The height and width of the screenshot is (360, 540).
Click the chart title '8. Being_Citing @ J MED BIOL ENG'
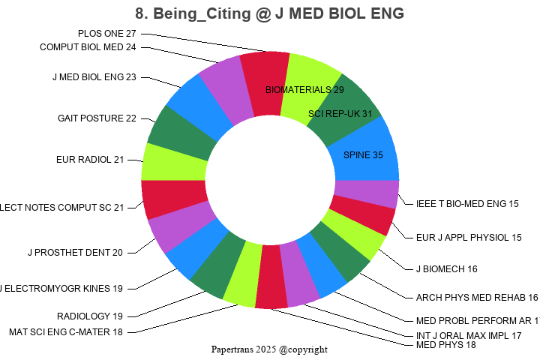pyautogui.click(x=269, y=13)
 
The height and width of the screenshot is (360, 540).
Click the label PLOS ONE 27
pyautogui.click(x=107, y=34)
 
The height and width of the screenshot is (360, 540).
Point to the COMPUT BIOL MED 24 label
pyautogui.click(x=88, y=47)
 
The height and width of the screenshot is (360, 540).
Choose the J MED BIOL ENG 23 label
pyautogui.click(x=94, y=76)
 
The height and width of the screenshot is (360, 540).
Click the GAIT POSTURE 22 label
pyautogui.click(x=97, y=118)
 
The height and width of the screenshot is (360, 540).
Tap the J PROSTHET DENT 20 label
pyautogui.click(x=75, y=252)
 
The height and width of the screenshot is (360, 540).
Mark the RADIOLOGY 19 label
pyautogui.click(x=90, y=316)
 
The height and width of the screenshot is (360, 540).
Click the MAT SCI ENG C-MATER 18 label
pyautogui.click(x=65, y=331)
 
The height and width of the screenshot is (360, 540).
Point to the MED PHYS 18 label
pyautogui.click(x=445, y=345)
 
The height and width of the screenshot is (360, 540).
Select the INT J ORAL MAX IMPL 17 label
pyautogui.click(x=468, y=335)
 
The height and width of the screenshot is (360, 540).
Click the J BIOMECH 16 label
pyautogui.click(x=446, y=268)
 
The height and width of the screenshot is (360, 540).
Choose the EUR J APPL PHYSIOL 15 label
pyautogui.click(x=468, y=238)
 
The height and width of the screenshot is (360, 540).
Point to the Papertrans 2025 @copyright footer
pyautogui.click(x=269, y=349)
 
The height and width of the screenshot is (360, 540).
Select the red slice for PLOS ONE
pyautogui.click(x=266, y=82)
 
